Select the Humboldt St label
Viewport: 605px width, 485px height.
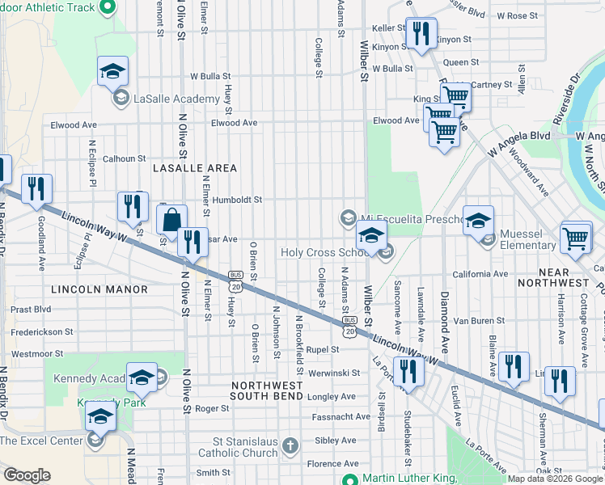(x=237, y=199)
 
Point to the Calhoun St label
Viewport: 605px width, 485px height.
(x=124, y=159)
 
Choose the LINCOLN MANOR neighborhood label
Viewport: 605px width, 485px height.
(x=99, y=289)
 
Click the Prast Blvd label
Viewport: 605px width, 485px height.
(x=32, y=309)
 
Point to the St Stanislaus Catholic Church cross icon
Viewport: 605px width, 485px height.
(x=290, y=446)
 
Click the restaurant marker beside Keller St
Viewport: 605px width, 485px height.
(x=420, y=34)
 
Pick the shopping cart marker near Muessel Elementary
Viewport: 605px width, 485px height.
(x=575, y=237)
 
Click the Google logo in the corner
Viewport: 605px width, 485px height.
(x=27, y=475)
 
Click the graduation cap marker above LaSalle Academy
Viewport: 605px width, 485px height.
(x=113, y=71)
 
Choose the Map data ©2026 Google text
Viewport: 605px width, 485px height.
(x=553, y=479)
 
